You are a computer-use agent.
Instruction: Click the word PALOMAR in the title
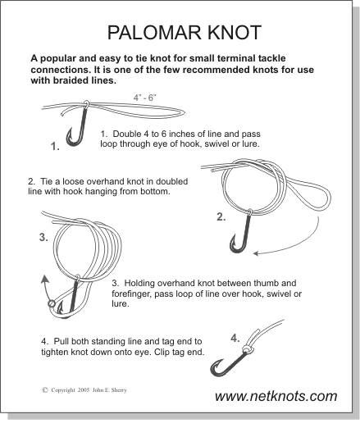point(155,32)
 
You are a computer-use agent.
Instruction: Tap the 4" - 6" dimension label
point(144,98)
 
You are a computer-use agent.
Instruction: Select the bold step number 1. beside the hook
point(55,146)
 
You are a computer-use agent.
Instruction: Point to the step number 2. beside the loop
point(221,216)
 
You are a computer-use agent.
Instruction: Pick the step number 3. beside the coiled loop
point(43,238)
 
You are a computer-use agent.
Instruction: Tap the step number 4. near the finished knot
point(235,339)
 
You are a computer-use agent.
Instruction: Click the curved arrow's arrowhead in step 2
point(256,253)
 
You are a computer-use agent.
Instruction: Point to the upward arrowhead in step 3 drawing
point(44,279)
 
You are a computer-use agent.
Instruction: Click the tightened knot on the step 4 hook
point(248,348)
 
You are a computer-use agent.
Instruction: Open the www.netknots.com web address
point(276,396)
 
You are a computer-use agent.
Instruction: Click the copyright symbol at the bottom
point(45,390)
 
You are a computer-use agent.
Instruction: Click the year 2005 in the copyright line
point(84,390)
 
